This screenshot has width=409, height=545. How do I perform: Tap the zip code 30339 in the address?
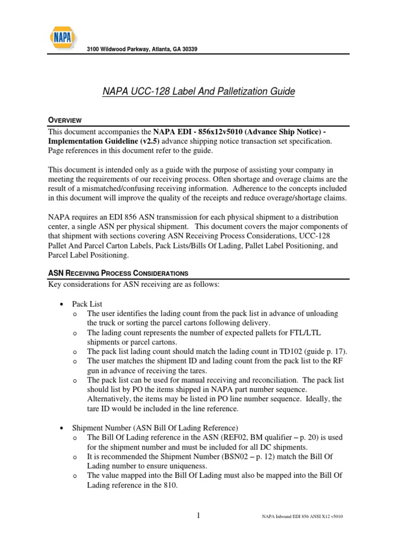[x=188, y=49]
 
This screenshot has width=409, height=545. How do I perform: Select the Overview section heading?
[x=65, y=120]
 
